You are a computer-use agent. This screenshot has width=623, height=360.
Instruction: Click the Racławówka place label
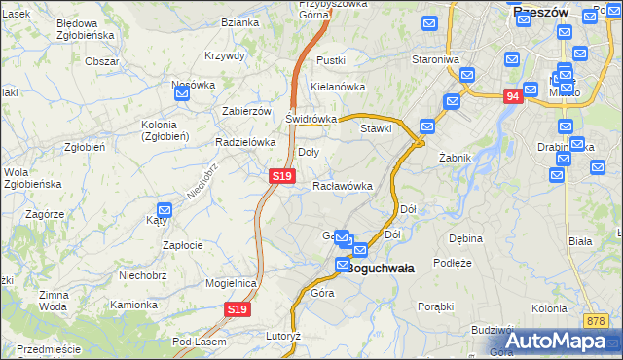click(x=343, y=186)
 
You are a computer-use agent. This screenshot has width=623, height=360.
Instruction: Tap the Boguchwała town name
click(x=381, y=268)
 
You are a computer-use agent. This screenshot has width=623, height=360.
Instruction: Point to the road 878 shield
click(x=597, y=321)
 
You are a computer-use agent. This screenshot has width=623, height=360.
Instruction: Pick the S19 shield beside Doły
click(x=281, y=176)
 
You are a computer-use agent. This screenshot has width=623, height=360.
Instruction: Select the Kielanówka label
click(x=337, y=87)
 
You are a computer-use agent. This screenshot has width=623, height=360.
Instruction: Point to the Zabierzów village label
click(x=246, y=111)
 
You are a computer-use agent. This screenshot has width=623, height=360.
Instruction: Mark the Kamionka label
click(x=132, y=305)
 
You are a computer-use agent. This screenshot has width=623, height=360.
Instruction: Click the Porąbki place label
click(x=435, y=306)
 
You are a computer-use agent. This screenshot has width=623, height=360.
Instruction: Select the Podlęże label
click(x=453, y=263)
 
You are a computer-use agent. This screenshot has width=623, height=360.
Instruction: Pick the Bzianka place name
click(x=239, y=22)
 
